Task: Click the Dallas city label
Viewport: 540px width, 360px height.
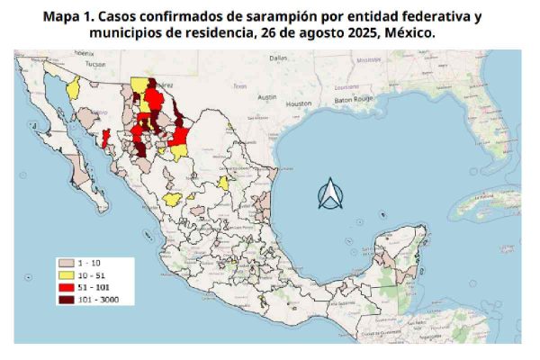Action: click(x=277, y=57)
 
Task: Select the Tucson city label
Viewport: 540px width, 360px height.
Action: click(x=84, y=65)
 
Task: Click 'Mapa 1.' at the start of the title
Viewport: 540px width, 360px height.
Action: click(x=75, y=17)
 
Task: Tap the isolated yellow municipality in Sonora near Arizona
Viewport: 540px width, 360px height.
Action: click(x=73, y=89)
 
